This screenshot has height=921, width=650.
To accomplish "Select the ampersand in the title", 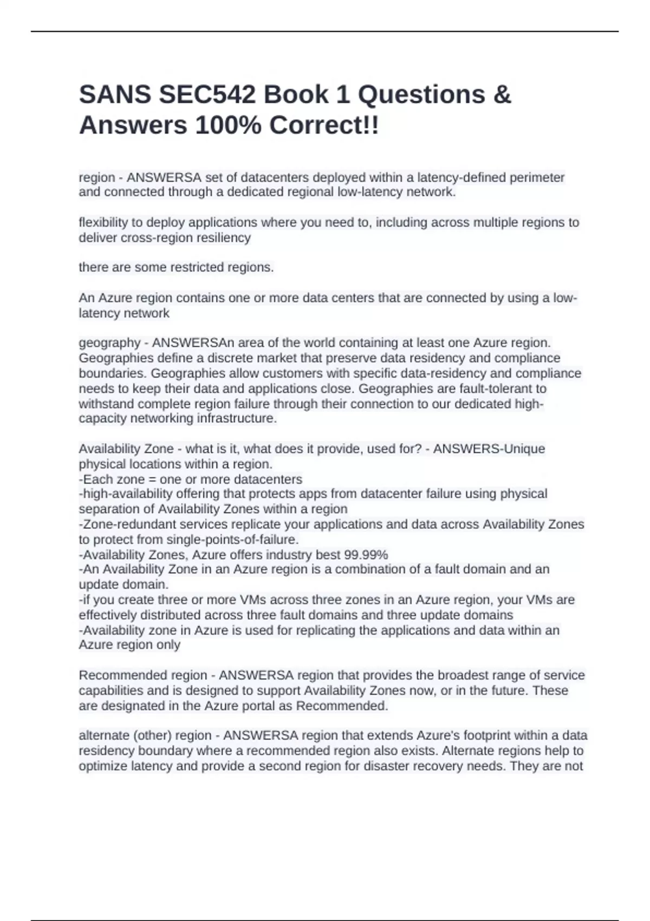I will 502,95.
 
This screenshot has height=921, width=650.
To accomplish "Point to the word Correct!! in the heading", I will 324,126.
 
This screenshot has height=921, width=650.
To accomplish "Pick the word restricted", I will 200,268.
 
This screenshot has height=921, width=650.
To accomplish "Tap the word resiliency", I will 224,238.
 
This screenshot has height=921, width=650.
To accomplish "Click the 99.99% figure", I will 366,555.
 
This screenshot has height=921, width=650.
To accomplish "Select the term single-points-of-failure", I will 232,540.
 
